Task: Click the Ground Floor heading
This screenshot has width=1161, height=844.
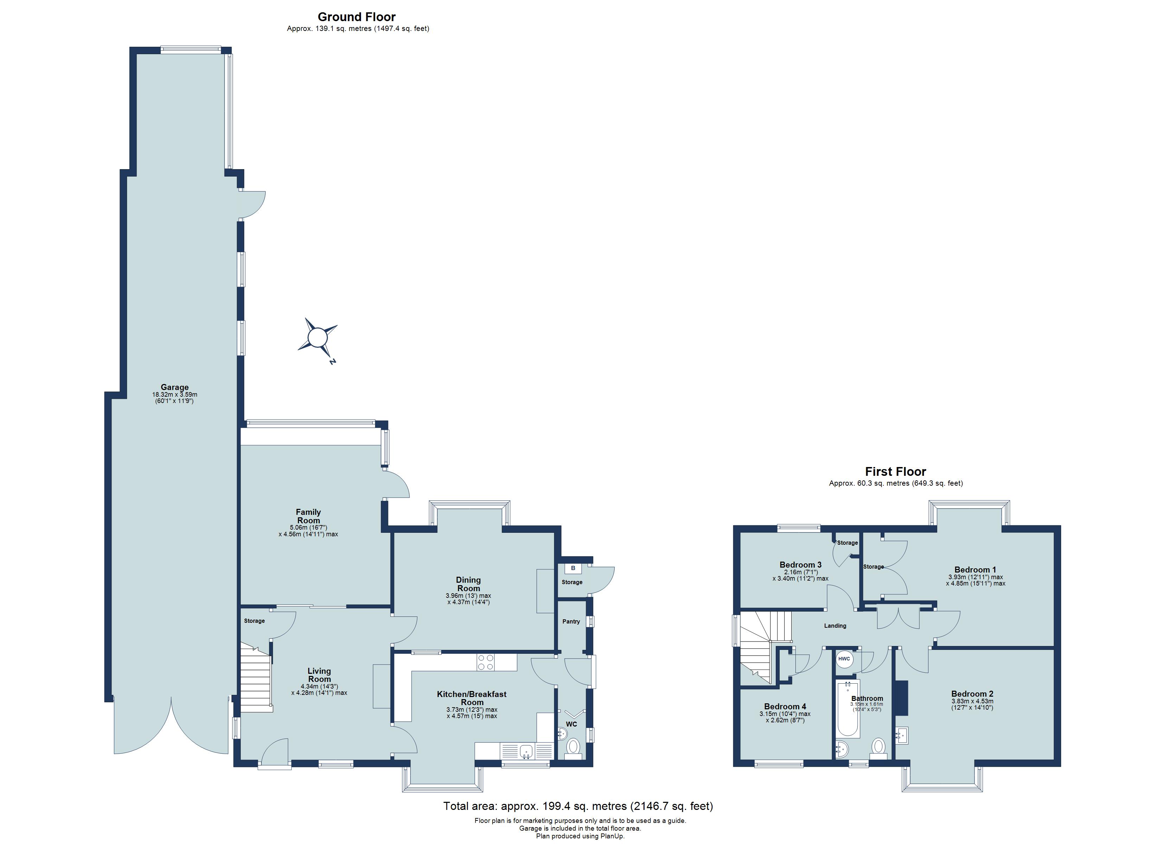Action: pos(356,17)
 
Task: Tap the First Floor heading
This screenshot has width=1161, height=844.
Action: pos(895,471)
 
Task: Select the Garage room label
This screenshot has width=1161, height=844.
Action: pos(175,388)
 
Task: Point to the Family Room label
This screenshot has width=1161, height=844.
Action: pos(308,516)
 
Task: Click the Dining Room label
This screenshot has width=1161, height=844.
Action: pos(468,584)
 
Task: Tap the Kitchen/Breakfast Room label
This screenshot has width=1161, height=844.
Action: pos(471,698)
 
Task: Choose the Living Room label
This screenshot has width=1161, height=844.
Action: pos(319,675)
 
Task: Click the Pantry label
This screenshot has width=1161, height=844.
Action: pos(571,621)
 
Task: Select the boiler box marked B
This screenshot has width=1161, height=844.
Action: pos(573,568)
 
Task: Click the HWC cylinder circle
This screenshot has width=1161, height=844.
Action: pos(844,659)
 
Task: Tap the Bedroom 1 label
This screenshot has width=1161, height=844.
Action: pos(975,570)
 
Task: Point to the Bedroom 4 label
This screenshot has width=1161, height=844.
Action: pos(785,706)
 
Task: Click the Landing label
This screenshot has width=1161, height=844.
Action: pos(835,626)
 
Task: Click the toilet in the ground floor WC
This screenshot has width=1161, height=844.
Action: pos(573,747)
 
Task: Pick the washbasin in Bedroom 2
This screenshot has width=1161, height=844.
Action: pos(901,735)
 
